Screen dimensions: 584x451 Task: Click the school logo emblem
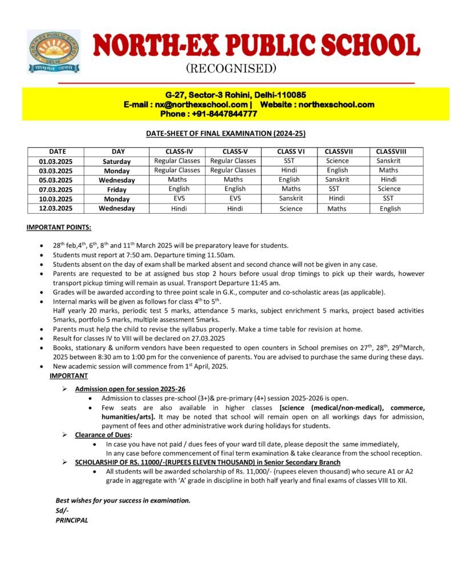click(x=54, y=51)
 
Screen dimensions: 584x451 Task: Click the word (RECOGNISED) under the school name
click(x=223, y=69)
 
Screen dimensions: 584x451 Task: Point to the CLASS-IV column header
click(x=177, y=151)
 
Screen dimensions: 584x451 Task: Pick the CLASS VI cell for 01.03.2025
click(x=290, y=161)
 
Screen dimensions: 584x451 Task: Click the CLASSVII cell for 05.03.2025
click(x=338, y=179)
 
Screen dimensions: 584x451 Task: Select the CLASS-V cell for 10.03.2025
click(x=234, y=198)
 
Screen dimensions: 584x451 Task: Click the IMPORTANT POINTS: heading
click(x=59, y=228)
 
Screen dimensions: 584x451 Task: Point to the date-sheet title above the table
click(x=226, y=133)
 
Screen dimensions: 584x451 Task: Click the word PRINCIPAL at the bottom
click(x=72, y=520)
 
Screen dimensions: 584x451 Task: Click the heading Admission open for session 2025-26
click(x=130, y=388)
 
